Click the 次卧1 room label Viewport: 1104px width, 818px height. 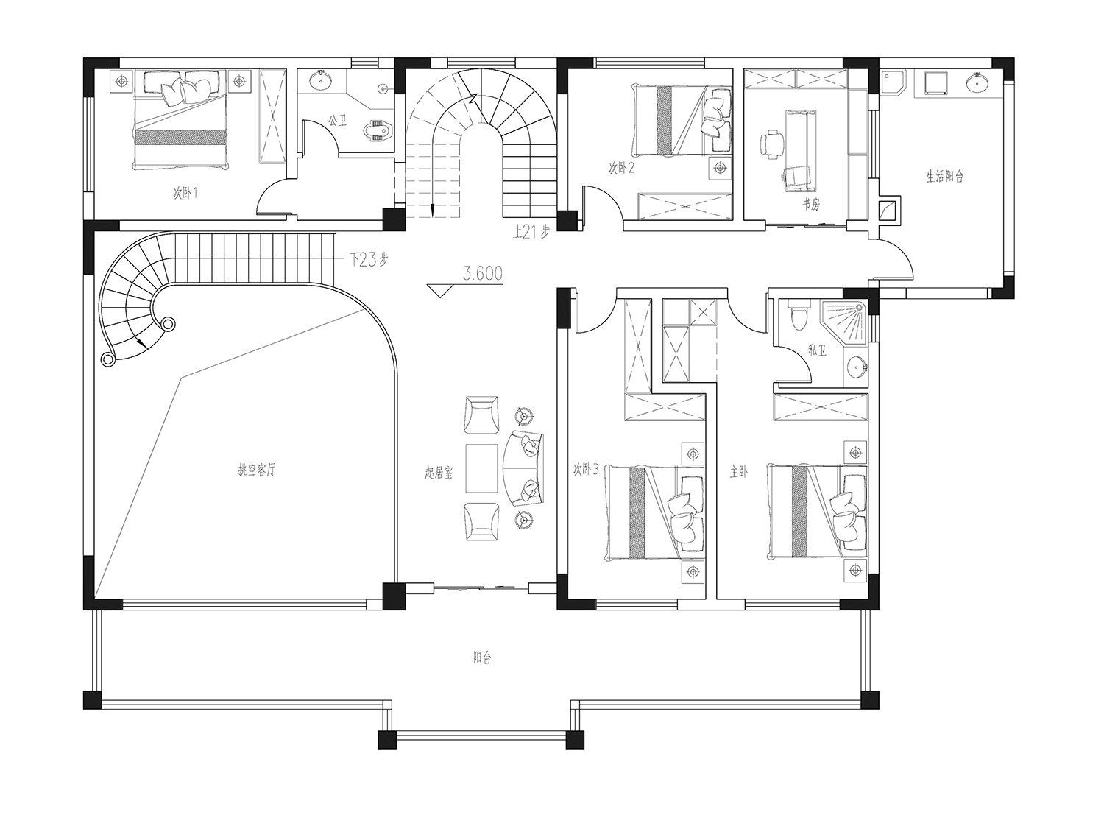pos(185,193)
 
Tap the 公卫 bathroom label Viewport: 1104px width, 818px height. pos(337,120)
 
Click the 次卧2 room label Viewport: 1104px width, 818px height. pos(621,169)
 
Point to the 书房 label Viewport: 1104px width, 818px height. pos(811,204)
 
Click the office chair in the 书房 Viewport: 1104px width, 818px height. pos(771,144)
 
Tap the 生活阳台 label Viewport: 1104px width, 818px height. pos(944,176)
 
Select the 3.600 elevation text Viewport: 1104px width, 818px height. pos(482,273)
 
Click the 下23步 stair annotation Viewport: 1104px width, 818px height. pos(368,259)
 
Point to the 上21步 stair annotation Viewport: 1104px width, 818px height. pos(531,231)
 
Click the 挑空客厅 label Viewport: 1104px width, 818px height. pos(257,470)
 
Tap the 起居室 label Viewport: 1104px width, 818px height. pos(439,473)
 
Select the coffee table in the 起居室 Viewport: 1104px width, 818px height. pos(481,468)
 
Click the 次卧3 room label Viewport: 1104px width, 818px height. pos(585,469)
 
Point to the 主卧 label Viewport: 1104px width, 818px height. pos(739,472)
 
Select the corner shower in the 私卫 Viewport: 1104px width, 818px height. pos(845,321)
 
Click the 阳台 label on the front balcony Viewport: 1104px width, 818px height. pos(482,658)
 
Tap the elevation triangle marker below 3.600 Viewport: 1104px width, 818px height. pos(440,291)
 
